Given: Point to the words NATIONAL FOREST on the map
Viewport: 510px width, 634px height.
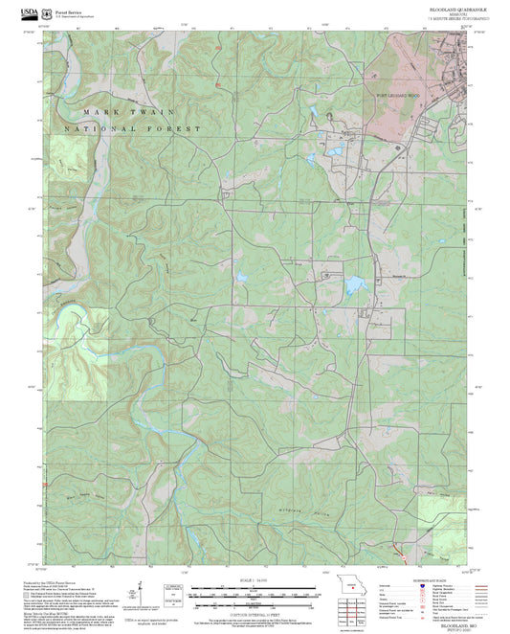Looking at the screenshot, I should [133, 128].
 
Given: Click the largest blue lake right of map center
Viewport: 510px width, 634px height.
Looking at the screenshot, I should [355, 284].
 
